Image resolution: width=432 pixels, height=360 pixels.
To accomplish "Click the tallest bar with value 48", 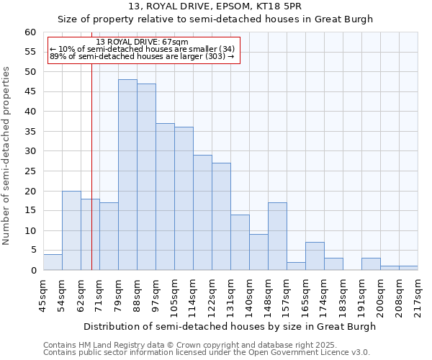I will click(x=127, y=175).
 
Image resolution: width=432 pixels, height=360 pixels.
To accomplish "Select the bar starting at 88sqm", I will click(x=146, y=177).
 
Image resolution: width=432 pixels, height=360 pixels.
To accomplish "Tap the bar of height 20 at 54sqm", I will click(x=71, y=230).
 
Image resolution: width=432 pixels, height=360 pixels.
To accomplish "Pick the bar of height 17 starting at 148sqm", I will click(x=277, y=236).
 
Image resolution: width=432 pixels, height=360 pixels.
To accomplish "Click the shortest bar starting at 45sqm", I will click(x=53, y=262).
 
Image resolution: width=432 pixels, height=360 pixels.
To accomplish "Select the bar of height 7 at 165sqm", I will click(x=315, y=256).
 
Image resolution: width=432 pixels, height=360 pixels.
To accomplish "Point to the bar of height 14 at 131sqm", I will click(x=240, y=243).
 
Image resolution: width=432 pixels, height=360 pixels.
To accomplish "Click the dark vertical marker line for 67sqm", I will click(x=91, y=166).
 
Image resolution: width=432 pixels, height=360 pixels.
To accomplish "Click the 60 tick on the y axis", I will click(x=30, y=32).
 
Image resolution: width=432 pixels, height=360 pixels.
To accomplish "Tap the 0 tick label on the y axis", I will click(x=33, y=271).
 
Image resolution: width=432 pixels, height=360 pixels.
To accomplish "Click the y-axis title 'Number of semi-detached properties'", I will click(x=7, y=155).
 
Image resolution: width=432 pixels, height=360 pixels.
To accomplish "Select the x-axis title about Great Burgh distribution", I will click(x=230, y=326).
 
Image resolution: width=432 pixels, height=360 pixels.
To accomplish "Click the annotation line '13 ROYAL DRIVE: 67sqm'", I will click(x=142, y=42).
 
